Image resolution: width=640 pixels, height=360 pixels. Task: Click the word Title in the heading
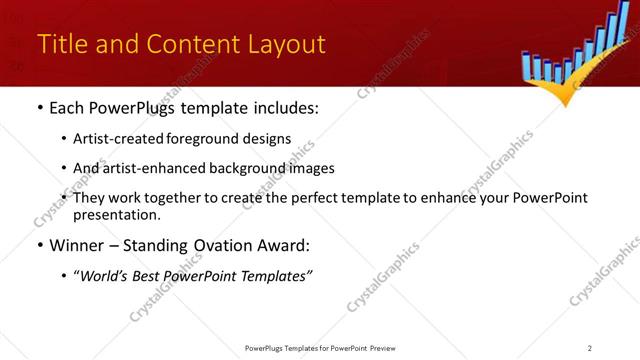tap(60, 45)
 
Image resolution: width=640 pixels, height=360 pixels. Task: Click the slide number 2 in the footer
tap(590, 348)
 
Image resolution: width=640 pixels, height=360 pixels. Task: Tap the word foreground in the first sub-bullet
tap(199, 139)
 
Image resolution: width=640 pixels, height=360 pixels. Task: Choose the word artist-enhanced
tap(151, 168)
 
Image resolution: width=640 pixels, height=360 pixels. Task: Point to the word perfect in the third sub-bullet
tap(308, 198)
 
